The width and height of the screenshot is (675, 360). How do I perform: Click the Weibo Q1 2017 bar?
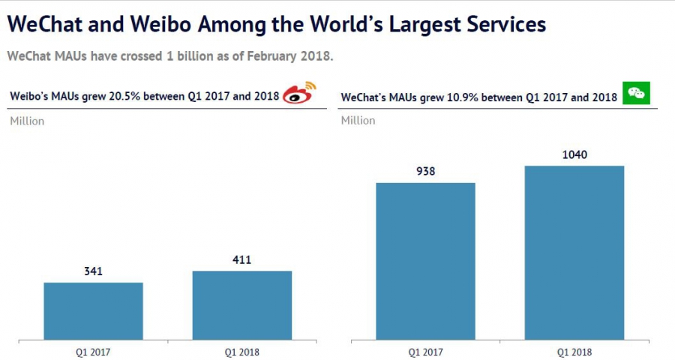click(94, 310)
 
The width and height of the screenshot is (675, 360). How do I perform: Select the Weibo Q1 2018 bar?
click(241, 304)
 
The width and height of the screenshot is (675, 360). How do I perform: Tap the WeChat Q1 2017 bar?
click(425, 260)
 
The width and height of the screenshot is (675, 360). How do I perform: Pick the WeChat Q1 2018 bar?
click(574, 252)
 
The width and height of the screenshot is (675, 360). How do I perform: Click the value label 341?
click(94, 271)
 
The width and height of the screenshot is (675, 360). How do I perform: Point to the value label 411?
click(241, 260)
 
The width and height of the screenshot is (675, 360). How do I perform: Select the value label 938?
click(425, 171)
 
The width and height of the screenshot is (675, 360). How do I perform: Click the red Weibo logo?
click(298, 94)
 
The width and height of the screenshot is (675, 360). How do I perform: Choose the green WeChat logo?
click(637, 93)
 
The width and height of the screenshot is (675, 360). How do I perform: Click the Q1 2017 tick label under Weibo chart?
click(94, 351)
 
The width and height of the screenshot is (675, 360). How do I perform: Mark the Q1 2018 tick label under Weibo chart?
click(241, 351)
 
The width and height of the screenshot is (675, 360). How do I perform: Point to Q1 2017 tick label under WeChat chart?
click(425, 351)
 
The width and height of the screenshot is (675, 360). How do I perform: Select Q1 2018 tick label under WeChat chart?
click(574, 351)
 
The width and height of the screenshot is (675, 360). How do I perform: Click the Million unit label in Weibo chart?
click(27, 121)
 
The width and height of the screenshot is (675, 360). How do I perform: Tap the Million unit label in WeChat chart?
click(358, 121)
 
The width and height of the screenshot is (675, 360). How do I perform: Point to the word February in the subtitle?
click(252, 56)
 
